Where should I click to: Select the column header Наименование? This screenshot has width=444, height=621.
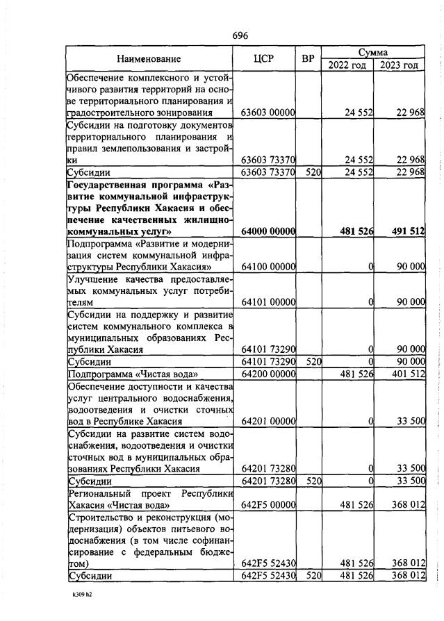point(149,59)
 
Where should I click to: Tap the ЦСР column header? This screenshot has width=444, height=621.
point(268,59)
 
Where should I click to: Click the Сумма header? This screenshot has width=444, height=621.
point(372,52)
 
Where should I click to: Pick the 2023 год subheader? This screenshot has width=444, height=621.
point(399,65)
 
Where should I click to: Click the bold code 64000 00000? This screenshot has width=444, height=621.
point(268,231)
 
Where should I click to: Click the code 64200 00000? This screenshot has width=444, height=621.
point(268,374)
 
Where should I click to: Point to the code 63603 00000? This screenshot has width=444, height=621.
point(268,112)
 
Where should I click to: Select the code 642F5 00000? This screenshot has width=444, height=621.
point(268,504)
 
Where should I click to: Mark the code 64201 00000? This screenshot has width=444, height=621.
point(268,421)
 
